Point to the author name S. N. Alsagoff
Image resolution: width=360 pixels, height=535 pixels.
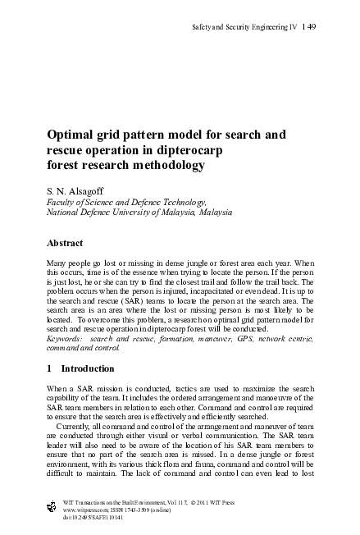coord(71,188)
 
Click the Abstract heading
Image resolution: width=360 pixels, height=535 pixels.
coord(68,243)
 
